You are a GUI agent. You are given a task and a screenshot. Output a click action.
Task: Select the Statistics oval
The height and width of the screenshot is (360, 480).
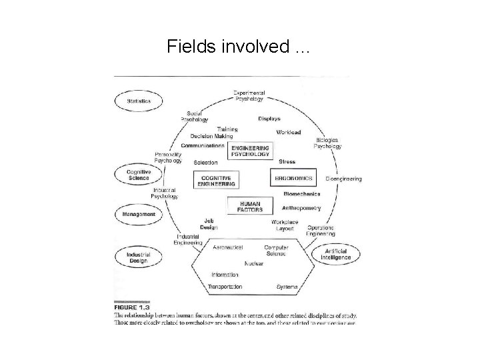coord(139,101)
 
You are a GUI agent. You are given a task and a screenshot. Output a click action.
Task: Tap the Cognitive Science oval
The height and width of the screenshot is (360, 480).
coord(139,175)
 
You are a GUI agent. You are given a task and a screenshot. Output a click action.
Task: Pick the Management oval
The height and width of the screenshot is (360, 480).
coord(139,215)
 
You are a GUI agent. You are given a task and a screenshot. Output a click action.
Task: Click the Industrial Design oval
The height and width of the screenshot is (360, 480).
coord(139,257)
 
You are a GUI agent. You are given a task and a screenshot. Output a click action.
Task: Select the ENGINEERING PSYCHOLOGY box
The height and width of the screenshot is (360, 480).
coord(250,151)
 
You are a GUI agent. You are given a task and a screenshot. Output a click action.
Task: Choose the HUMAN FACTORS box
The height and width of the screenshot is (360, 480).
coord(250,206)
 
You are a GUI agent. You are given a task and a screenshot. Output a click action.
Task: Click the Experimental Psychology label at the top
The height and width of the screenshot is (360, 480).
coord(249,96)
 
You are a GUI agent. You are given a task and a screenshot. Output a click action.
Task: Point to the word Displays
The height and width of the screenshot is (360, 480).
coord(269,119)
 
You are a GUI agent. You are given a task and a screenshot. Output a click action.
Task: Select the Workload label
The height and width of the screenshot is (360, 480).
coord(289,133)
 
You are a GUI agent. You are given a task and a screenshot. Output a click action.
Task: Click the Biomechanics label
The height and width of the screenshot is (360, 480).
coord(301,194)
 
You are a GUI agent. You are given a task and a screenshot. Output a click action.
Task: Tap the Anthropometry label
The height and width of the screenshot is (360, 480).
coord(301,208)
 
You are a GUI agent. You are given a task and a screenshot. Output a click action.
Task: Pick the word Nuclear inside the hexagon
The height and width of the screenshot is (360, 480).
coord(254,263)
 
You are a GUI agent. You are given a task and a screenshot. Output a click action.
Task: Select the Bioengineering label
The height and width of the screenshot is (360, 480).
coord(343,179)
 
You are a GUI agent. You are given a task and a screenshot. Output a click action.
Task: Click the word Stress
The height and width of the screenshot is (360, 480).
coord(287,162)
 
